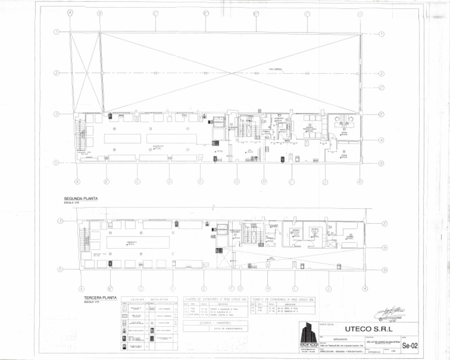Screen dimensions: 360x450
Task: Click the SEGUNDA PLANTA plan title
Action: point(81,198)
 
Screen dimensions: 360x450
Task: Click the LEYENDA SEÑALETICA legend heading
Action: point(149,299)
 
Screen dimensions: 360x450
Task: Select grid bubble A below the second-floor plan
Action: point(77,181)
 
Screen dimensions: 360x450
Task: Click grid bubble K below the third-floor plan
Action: point(364,289)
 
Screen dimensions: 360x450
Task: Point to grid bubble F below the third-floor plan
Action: point(231,289)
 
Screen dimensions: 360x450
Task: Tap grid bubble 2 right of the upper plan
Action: point(381,73)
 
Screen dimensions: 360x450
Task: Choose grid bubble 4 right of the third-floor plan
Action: point(384,248)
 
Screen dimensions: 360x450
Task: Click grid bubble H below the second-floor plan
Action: point(264,181)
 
